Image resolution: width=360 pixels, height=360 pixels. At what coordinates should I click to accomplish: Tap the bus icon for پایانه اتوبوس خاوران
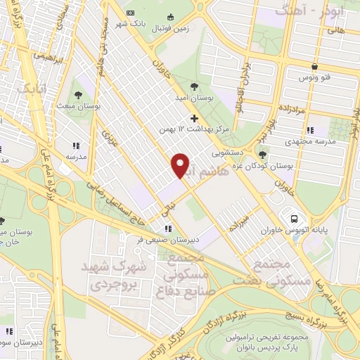coord(289,217)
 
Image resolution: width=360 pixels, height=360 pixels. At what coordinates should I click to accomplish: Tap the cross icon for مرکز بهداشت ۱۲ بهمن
coord(195,117)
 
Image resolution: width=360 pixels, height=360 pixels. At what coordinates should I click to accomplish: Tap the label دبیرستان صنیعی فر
coord(158,239)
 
